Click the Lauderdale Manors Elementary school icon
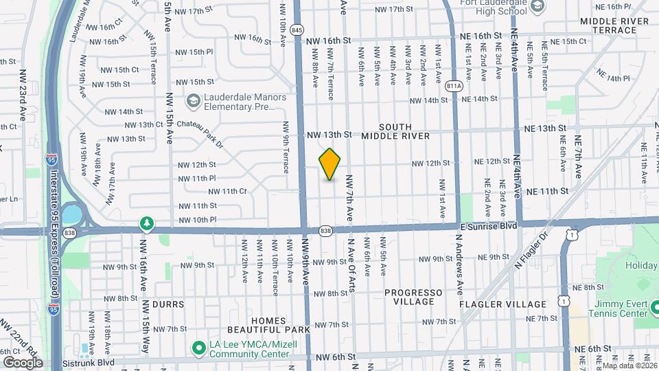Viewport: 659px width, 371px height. pyautogui.click(x=194, y=101)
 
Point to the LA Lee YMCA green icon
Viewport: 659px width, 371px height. pyautogui.click(x=199, y=348)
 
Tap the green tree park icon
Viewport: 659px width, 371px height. pyautogui.click(x=146, y=223)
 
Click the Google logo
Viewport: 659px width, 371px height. pyautogui.click(x=23, y=362)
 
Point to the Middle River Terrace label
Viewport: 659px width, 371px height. pyautogui.click(x=614, y=25)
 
